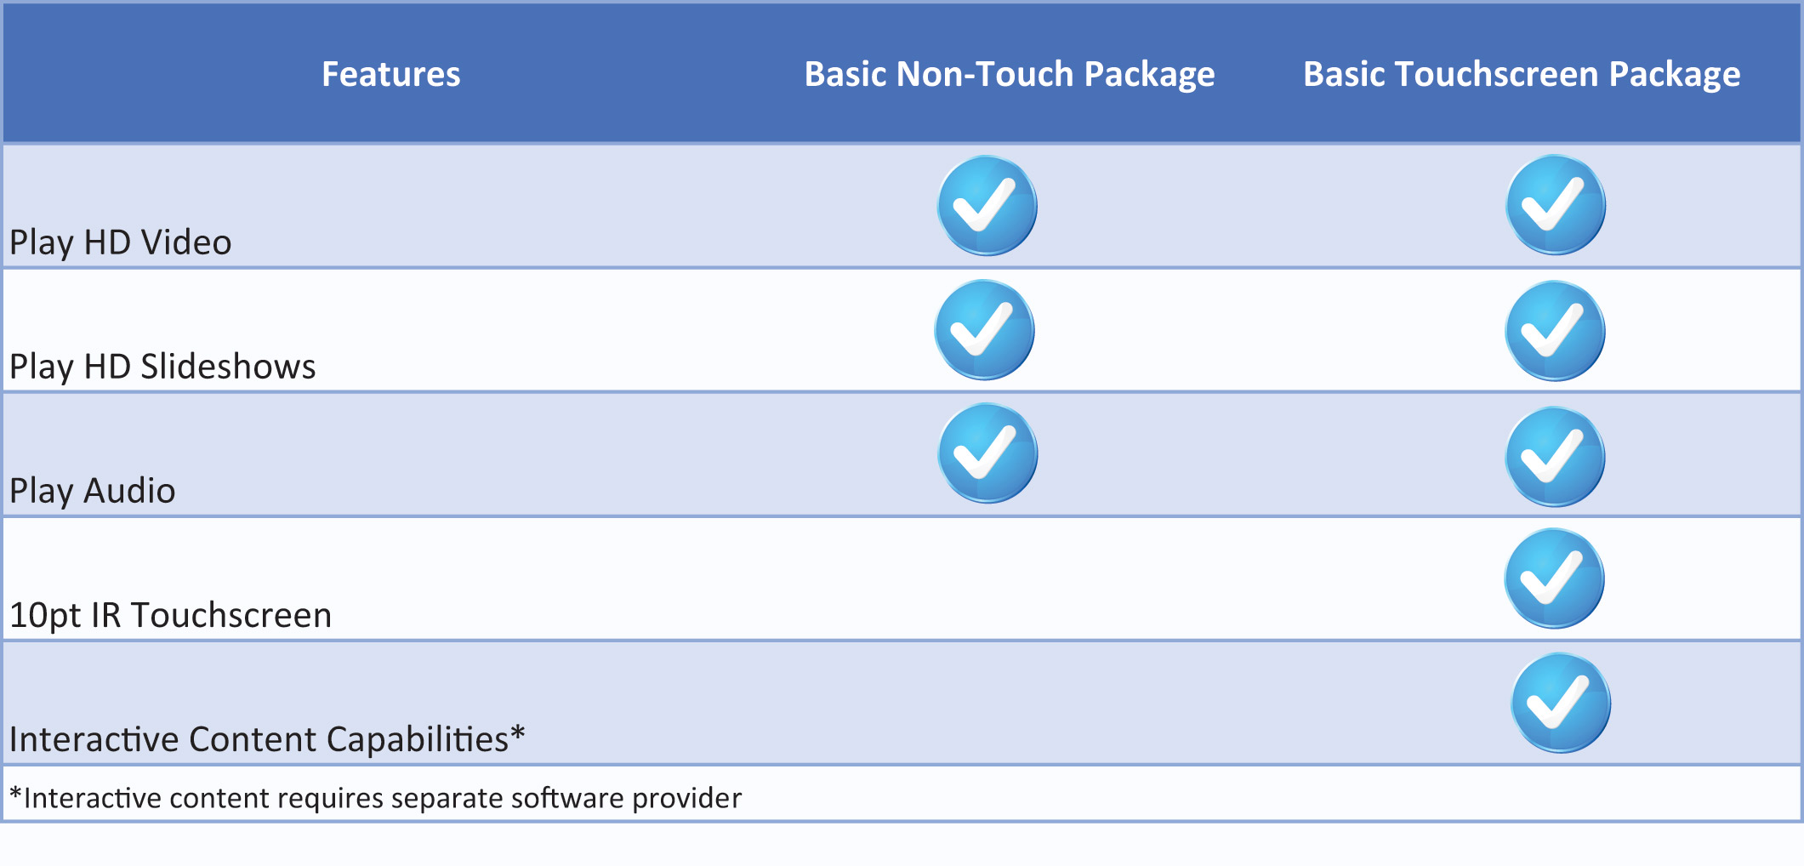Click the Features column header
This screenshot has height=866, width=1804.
pos(391,74)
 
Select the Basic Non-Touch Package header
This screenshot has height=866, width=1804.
pos(1010,75)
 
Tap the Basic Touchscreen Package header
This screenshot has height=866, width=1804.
pos(1522,75)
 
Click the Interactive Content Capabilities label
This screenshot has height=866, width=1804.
pos(267,738)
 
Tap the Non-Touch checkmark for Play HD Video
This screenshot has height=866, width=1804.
pos(987,205)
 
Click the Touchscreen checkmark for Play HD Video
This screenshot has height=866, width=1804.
pos(1556,204)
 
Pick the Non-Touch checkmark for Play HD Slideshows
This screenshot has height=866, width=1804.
pos(984,329)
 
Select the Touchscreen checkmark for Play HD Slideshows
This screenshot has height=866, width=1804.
pos(1555,331)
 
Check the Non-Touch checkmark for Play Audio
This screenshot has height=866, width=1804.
pos(987,453)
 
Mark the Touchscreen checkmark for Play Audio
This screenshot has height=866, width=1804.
pos(1555,457)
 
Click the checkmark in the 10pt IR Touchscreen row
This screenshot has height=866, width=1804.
pos(1554,578)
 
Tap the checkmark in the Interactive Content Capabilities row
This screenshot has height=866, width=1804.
pos(1561,703)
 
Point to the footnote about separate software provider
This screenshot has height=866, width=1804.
pos(375,798)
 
